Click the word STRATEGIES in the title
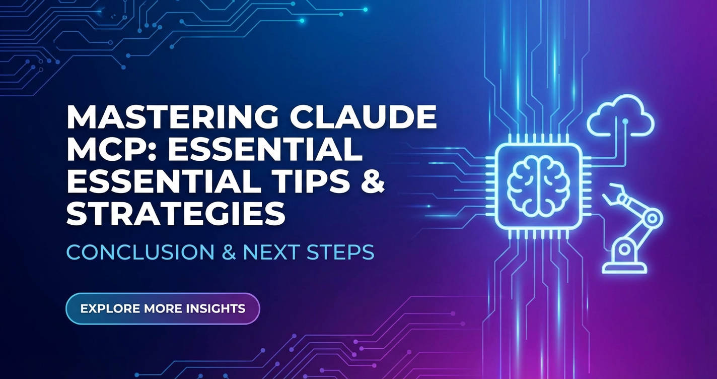click(176, 214)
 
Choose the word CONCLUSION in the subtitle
click(140, 252)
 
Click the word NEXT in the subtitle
click(271, 252)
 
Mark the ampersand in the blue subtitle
click(229, 252)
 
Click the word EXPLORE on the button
click(110, 308)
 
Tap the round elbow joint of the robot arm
click(652, 219)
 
